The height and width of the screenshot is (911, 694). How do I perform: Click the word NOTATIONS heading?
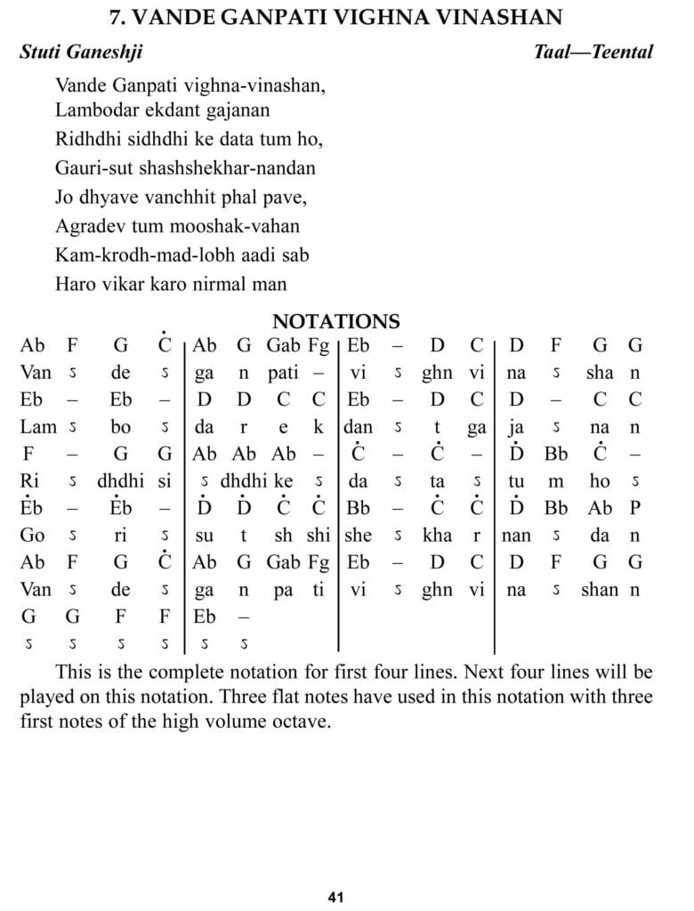[x=335, y=321]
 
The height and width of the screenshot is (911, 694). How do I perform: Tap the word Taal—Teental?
[x=593, y=52]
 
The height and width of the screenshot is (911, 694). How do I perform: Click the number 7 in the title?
[x=114, y=17]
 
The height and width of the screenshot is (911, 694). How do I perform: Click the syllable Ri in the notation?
[x=30, y=481]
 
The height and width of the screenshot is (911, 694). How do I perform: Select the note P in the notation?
[x=634, y=508]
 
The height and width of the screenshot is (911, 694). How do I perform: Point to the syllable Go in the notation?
[x=32, y=536]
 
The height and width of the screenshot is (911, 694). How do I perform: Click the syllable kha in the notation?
[x=437, y=536]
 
